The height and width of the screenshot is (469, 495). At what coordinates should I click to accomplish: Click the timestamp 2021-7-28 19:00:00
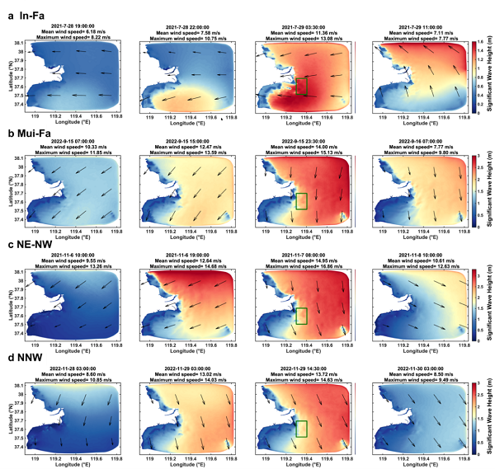(x=72, y=26)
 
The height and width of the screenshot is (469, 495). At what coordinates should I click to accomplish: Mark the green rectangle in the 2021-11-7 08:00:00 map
(x=302, y=315)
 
